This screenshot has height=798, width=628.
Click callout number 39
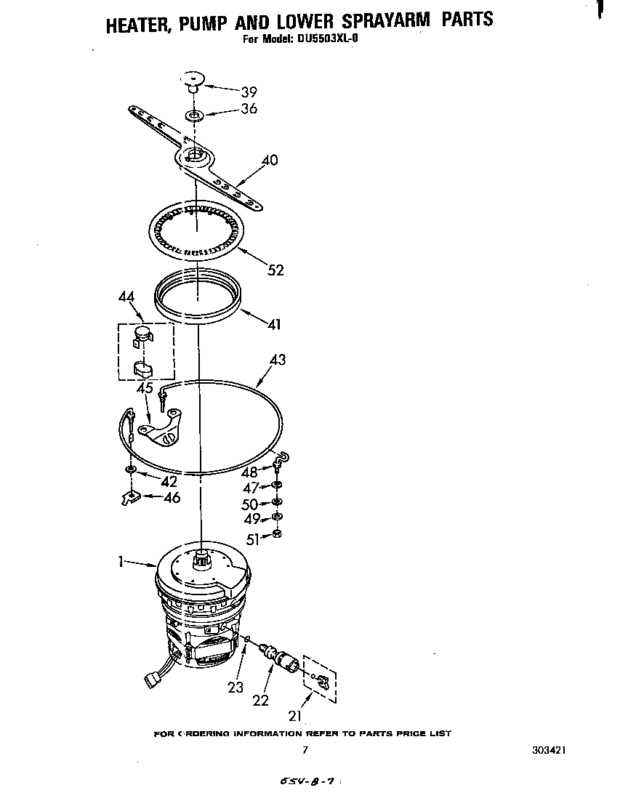point(249,92)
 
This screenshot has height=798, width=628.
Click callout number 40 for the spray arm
point(269,160)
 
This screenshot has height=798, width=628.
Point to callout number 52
point(275,270)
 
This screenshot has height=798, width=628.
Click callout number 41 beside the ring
point(273,324)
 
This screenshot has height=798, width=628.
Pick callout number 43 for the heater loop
point(277,360)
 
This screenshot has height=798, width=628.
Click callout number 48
point(250,472)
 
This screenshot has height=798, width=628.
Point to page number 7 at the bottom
point(305,750)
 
